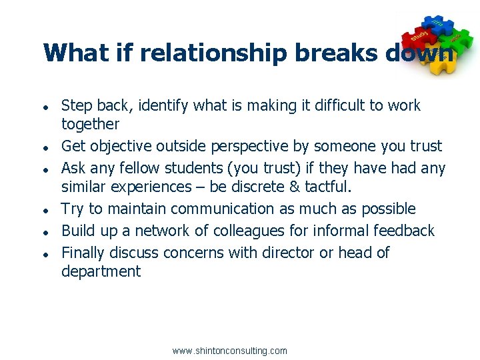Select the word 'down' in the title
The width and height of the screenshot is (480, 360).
(x=421, y=53)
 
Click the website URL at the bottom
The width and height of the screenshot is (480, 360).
(x=229, y=351)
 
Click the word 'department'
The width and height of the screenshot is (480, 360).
(x=101, y=271)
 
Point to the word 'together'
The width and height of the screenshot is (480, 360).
(x=90, y=124)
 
